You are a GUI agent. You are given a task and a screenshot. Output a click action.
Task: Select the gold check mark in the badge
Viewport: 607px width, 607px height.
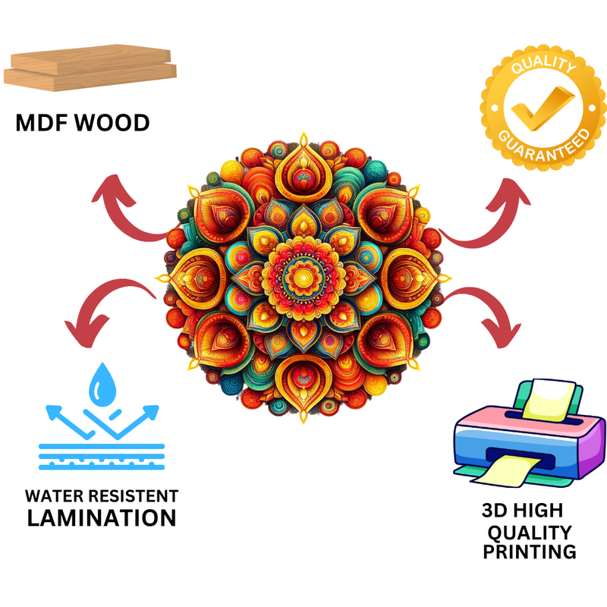click(x=541, y=107)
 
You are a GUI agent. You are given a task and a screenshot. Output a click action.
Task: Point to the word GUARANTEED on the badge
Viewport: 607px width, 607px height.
click(x=544, y=146)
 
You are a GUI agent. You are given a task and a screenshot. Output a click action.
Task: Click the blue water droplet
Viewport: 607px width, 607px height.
click(x=100, y=384)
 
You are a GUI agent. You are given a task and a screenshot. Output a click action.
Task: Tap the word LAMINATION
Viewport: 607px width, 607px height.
click(x=102, y=518)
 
